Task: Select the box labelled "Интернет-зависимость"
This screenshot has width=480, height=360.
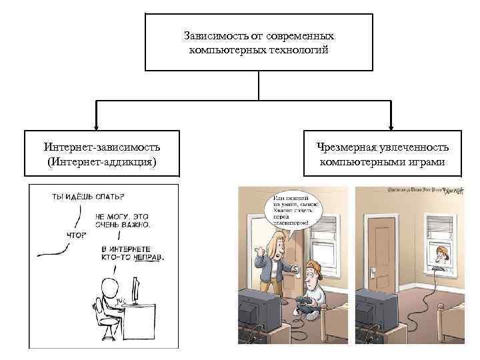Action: coord(102,154)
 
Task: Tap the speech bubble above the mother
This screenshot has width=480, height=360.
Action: coord(293,211)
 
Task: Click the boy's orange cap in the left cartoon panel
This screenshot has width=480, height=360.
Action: coord(313,269)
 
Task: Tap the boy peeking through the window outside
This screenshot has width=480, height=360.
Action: coord(441,252)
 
